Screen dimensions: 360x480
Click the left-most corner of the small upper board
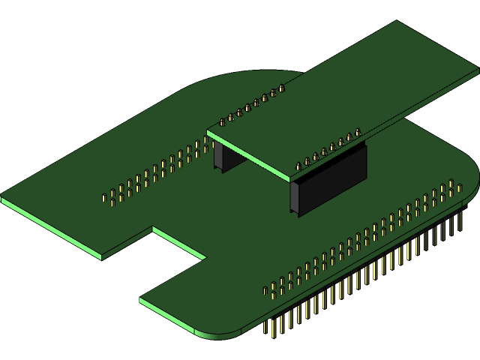point(208,132)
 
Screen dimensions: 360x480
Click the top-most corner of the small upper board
point(395,21)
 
